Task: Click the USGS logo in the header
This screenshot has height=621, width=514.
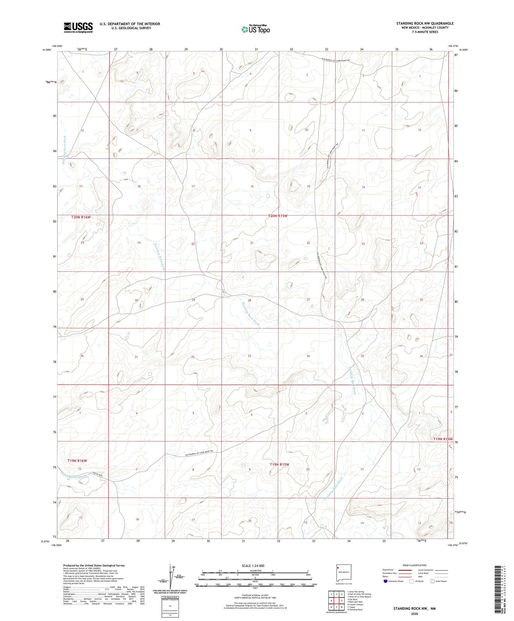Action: pyautogui.click(x=78, y=27)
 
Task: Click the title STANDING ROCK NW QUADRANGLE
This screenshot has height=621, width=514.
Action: pyautogui.click(x=425, y=23)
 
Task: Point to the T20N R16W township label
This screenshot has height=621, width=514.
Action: pyautogui.click(x=81, y=217)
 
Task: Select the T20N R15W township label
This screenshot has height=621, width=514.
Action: pyautogui.click(x=277, y=216)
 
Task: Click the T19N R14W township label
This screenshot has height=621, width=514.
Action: pyautogui.click(x=443, y=439)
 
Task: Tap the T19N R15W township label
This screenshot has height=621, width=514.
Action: pyautogui.click(x=279, y=465)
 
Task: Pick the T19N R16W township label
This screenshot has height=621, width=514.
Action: pyautogui.click(x=77, y=461)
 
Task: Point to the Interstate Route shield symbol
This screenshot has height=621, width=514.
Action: pyautogui.click(x=386, y=581)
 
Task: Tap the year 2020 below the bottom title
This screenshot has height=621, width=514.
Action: pyautogui.click(x=414, y=614)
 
